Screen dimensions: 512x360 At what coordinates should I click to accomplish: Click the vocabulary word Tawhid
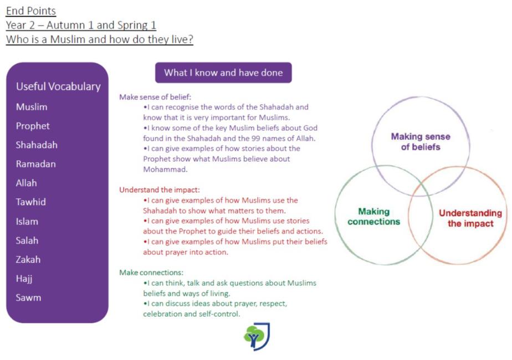(30, 202)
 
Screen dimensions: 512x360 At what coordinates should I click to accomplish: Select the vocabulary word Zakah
(28, 259)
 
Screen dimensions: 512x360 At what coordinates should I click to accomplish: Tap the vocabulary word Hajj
(24, 279)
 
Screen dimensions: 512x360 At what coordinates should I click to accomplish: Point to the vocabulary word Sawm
(28, 297)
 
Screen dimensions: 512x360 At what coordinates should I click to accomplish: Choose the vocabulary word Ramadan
(35, 164)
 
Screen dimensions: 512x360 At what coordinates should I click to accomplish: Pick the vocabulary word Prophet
(33, 126)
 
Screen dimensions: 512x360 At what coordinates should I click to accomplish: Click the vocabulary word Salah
(27, 240)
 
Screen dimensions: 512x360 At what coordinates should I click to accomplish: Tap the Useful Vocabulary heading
(58, 86)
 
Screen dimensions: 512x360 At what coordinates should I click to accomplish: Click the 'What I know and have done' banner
(223, 73)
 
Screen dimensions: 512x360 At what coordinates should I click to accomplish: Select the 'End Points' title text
(31, 11)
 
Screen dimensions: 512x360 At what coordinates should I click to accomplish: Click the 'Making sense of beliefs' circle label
(421, 142)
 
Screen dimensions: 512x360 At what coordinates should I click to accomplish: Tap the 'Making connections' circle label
(374, 217)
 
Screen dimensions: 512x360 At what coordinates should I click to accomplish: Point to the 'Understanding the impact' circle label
(470, 218)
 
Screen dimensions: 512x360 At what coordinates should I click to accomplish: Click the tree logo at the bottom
(257, 337)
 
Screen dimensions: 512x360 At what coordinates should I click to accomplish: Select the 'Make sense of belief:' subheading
(155, 97)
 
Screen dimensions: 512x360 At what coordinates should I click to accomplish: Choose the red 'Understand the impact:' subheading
(160, 190)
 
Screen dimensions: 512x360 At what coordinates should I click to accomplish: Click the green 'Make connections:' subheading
(151, 272)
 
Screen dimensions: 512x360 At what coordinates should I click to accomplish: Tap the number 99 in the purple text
(255, 138)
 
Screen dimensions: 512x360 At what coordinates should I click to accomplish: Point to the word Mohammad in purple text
(165, 169)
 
